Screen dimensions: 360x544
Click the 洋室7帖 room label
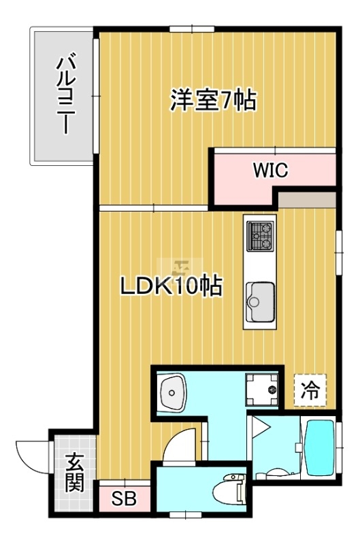pos(213,100)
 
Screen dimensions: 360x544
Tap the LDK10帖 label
pos(171,286)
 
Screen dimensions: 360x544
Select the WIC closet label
pos(271,171)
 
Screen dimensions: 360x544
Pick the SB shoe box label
pos(124,499)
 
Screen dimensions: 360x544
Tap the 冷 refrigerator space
pos(310,390)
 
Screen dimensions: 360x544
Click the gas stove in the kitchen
pos(260,236)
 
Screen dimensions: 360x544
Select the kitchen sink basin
pos(260,301)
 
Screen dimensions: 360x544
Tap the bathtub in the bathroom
pos(320,448)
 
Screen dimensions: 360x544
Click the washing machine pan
pos(262,389)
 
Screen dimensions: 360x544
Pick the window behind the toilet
pos(186,513)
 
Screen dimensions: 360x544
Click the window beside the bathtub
pos(339,448)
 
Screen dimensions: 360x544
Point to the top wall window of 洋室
pos(192,29)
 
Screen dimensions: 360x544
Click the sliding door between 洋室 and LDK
pos(154,208)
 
